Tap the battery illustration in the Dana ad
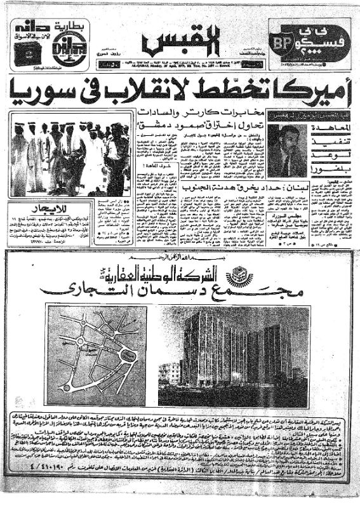click(x=28, y=55)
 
